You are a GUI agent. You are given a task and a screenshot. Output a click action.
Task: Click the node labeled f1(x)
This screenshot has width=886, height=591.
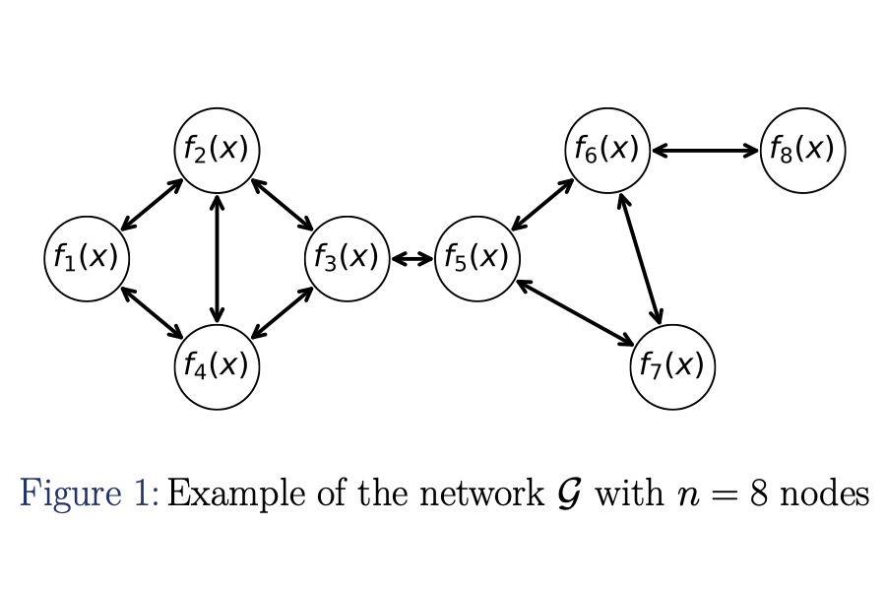point(87,259)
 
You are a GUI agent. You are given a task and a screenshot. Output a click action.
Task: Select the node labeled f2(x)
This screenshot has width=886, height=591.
point(217,151)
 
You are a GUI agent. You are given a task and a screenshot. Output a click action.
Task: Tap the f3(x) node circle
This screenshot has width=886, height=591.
point(347,259)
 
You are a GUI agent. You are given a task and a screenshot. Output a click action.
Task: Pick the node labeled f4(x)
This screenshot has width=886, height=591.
point(217,366)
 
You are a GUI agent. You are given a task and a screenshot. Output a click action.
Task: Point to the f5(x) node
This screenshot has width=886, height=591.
point(476,259)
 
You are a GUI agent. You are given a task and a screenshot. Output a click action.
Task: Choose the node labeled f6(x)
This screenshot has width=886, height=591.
point(607,151)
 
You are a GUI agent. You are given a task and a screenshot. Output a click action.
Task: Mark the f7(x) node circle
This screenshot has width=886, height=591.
point(672,366)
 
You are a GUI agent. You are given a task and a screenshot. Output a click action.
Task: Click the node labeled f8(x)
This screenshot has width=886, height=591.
point(802,151)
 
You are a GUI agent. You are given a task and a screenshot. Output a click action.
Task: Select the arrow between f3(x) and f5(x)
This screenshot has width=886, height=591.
point(411,259)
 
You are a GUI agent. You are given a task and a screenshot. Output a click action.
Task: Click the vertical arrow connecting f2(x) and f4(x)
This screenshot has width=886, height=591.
point(217,258)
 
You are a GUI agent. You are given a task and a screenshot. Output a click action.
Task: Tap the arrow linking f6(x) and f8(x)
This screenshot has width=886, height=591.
point(705,151)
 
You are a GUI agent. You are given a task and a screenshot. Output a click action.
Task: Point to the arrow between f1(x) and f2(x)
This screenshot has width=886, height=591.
point(152,205)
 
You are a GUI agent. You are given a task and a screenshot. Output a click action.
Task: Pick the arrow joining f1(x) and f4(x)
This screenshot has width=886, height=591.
point(152,313)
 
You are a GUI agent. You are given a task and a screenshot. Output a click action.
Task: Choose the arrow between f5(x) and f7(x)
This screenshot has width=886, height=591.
point(575,313)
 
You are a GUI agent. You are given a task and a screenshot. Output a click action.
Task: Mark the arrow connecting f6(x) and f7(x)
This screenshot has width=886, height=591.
point(640,258)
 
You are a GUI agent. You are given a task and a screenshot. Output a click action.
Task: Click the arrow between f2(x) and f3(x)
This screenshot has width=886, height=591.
point(282,205)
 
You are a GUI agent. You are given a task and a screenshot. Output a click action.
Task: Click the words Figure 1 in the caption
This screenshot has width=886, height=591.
point(89,492)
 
